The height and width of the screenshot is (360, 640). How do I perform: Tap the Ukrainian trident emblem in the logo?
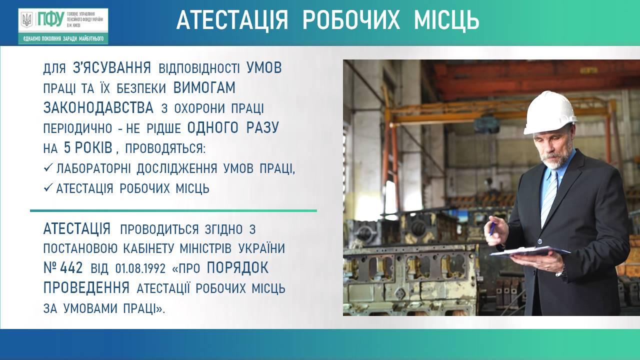[x=27, y=19]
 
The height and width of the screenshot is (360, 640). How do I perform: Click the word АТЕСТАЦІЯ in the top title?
[x=232, y=19]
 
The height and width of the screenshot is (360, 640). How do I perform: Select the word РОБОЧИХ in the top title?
[x=351, y=19]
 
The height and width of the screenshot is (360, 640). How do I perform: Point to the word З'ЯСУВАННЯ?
[x=111, y=68]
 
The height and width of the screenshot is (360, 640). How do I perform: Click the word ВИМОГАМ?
[x=204, y=87]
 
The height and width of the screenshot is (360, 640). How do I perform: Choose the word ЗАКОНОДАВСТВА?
[x=98, y=108]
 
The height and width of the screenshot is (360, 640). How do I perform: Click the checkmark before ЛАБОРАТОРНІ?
[x=48, y=167]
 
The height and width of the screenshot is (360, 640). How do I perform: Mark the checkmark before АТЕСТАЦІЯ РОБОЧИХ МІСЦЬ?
[x=48, y=187]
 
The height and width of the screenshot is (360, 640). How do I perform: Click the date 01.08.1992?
[x=140, y=269]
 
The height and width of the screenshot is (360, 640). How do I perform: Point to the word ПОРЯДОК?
[x=237, y=268]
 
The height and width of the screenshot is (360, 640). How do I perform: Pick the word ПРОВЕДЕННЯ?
[x=86, y=288]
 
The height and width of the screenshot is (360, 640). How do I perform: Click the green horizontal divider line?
[x=173, y=211]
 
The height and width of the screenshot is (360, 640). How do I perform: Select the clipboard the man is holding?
[x=530, y=251]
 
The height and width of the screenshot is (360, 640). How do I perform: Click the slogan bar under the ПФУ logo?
[x=63, y=38]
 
